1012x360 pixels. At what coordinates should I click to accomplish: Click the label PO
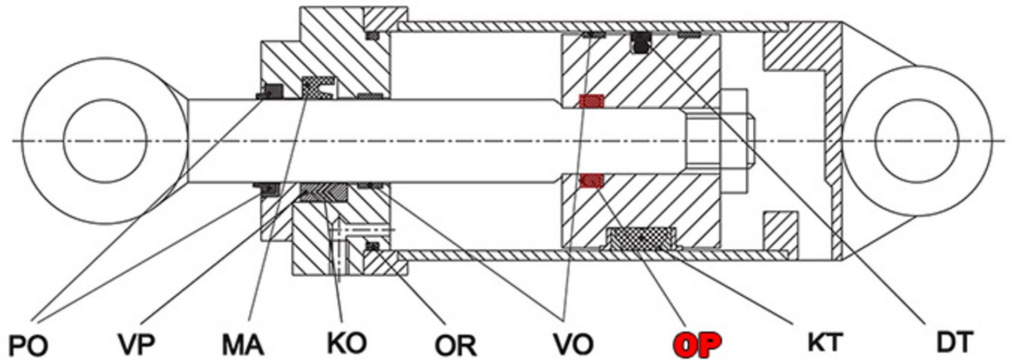click(x=30, y=346)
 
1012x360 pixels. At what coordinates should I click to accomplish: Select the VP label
click(x=137, y=344)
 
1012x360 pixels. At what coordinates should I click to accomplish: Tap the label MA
click(x=242, y=345)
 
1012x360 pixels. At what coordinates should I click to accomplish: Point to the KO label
click(x=346, y=343)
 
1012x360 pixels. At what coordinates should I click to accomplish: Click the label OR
click(x=455, y=346)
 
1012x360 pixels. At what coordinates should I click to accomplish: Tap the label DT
click(x=955, y=343)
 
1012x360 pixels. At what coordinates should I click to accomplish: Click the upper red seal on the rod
click(x=591, y=101)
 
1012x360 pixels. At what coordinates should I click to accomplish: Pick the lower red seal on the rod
click(x=591, y=181)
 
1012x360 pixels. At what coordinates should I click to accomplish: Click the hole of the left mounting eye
click(x=104, y=141)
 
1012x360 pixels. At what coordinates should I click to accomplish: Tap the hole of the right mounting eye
click(x=916, y=141)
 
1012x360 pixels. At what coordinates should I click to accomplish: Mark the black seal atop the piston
click(x=640, y=43)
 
